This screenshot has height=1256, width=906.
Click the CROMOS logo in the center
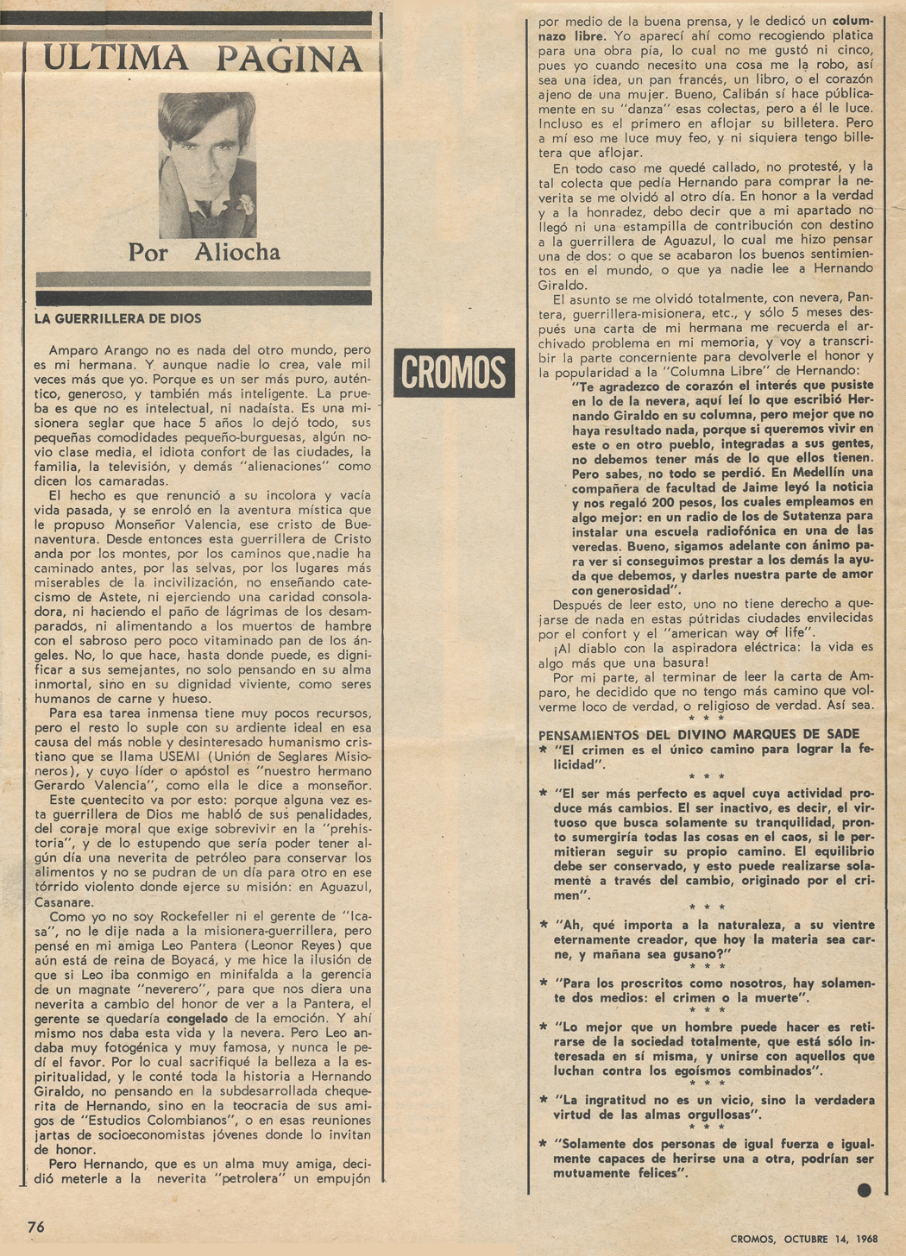[x=454, y=373]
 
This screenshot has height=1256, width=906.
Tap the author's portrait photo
[x=207, y=165]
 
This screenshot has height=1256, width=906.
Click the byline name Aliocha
[x=237, y=252]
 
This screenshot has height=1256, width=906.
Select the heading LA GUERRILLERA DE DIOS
[x=118, y=318]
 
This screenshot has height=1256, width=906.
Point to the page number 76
[x=36, y=1227]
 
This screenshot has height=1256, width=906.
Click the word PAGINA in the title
[x=289, y=59]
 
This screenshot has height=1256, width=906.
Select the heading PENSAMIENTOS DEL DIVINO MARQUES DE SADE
[x=699, y=734]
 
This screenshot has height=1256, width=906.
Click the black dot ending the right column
[x=864, y=1190]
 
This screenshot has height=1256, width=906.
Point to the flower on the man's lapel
[x=245, y=204]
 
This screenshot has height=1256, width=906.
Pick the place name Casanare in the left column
[x=61, y=901]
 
